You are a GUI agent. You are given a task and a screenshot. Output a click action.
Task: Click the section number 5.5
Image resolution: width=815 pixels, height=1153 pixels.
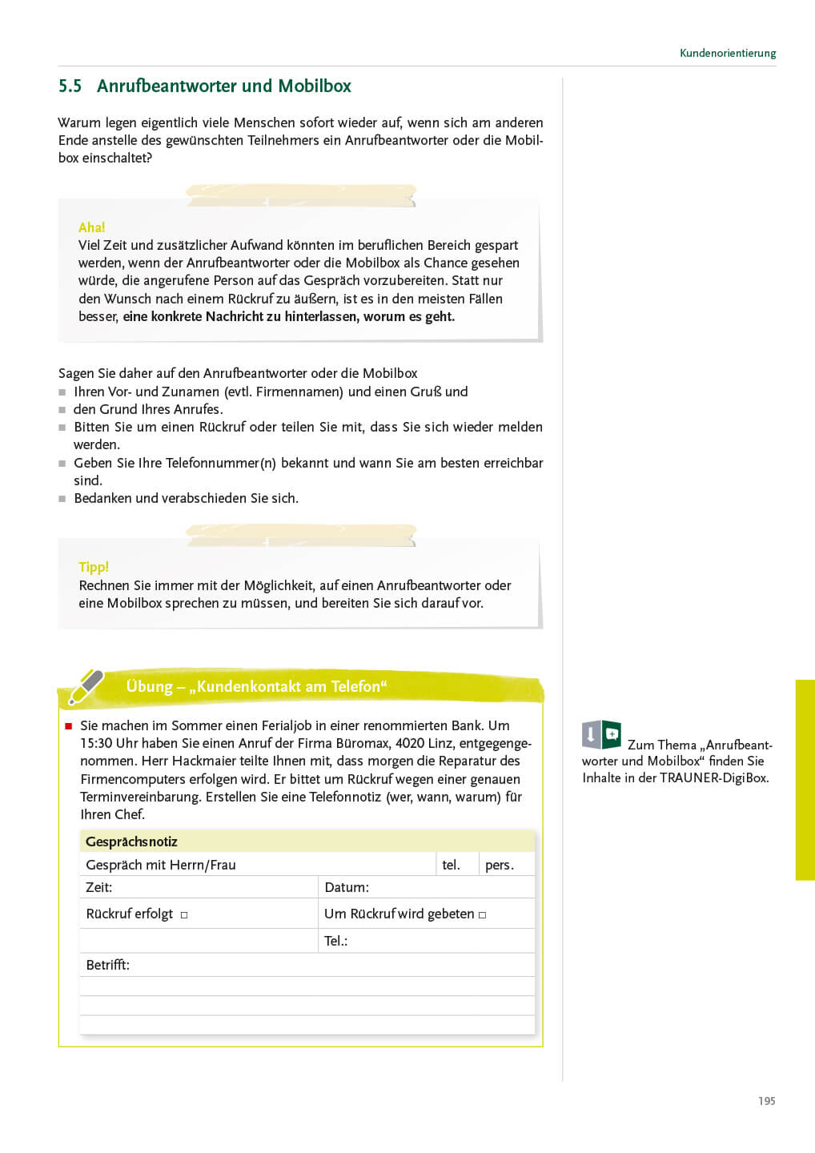point(70,86)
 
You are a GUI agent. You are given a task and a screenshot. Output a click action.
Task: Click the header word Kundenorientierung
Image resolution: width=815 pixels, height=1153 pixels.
point(727,54)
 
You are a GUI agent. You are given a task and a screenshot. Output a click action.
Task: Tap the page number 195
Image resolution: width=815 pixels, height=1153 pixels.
point(766,1101)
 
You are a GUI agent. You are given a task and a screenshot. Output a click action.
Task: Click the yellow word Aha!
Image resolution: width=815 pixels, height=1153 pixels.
point(91,227)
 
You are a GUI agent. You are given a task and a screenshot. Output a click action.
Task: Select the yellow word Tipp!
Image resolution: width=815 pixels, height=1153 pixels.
point(94,567)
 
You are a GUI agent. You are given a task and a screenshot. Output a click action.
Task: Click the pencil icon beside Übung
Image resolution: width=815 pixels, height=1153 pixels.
point(86,686)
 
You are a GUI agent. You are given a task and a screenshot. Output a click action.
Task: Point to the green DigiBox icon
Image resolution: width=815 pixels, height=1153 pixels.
point(602,734)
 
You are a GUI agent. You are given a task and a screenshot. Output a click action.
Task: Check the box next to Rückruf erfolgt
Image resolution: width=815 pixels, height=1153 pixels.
point(184,914)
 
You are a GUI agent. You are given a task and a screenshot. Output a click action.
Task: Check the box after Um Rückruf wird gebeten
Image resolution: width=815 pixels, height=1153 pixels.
point(482,914)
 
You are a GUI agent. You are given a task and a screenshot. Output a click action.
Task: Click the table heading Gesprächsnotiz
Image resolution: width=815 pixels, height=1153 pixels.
point(131,842)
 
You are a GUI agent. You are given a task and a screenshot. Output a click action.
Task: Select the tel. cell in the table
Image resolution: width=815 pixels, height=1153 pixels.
point(452,865)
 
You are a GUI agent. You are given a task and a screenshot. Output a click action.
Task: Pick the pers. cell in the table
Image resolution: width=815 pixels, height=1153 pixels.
point(500,865)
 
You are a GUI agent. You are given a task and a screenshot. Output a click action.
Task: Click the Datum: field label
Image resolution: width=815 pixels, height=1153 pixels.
point(347,887)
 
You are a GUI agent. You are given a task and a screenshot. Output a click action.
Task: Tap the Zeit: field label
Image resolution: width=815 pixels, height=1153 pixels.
point(99,887)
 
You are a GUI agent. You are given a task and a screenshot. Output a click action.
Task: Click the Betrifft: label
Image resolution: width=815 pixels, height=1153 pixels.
point(107,965)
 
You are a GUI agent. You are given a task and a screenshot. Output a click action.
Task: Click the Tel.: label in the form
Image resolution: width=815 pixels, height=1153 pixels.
point(335,941)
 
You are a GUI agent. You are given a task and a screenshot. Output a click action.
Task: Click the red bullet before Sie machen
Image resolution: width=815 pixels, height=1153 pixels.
point(68,726)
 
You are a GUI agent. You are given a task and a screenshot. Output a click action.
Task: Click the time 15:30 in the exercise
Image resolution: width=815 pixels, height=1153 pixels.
point(96,743)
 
